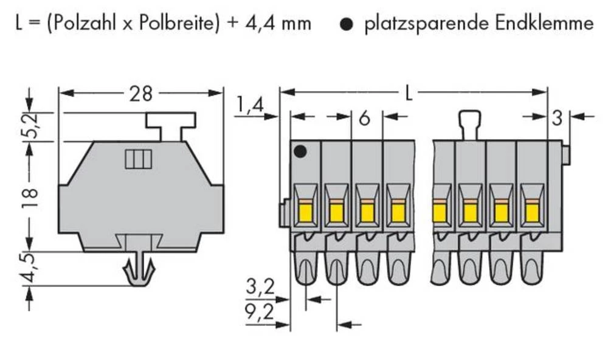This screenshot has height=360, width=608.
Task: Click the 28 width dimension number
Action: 140,94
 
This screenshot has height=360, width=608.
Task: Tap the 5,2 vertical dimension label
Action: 31,126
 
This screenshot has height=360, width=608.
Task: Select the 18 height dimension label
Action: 31,196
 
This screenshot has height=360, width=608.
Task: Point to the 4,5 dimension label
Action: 31,270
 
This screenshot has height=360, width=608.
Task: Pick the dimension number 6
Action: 364,119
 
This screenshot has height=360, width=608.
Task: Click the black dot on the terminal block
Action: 299,152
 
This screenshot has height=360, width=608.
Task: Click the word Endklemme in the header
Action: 545,24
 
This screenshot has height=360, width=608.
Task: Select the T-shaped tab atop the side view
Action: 170,125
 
